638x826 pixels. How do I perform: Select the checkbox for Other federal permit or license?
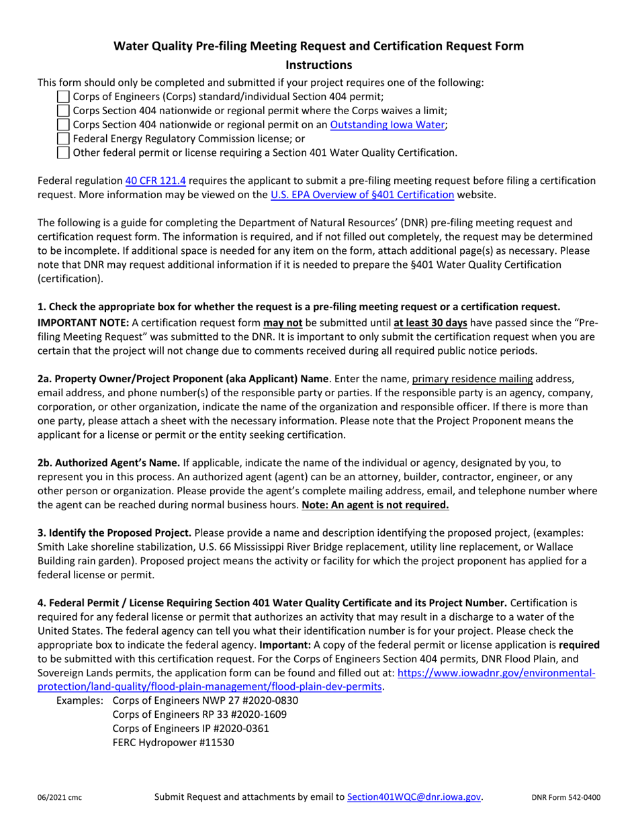pyautogui.click(x=63, y=153)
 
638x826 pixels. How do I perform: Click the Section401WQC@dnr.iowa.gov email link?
pyautogui.click(x=414, y=797)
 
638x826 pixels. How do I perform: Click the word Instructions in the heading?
pyautogui.click(x=319, y=65)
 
